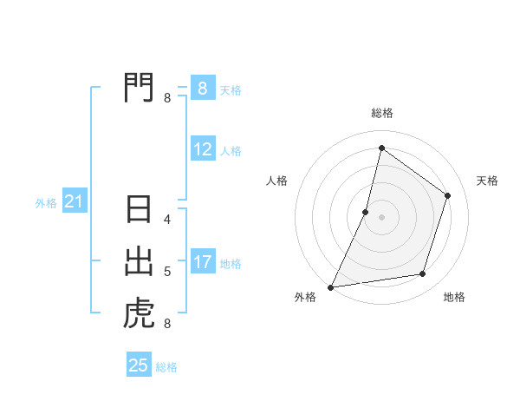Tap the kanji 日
point(139,209)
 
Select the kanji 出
point(139,261)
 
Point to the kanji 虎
point(139,313)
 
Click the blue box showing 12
point(203,149)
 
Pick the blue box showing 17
point(203,262)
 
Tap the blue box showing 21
point(74,202)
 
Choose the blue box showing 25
point(139,365)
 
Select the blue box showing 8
point(203,88)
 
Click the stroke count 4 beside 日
point(167,220)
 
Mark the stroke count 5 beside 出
point(167,272)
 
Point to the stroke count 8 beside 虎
point(167,324)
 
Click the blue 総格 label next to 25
point(166,367)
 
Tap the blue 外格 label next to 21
point(46,203)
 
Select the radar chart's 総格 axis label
point(381,113)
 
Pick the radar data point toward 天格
point(448,195)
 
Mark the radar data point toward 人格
point(366,212)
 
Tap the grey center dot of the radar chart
point(381,217)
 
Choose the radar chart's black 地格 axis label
point(454,298)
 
